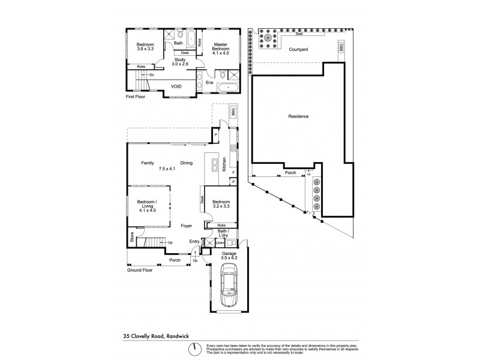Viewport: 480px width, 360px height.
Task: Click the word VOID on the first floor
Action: pyautogui.click(x=176, y=86)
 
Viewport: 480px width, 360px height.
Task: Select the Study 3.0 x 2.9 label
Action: pyautogui.click(x=181, y=62)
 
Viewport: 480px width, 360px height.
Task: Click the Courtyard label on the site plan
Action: pyautogui.click(x=298, y=49)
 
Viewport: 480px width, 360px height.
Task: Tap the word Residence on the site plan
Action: pyautogui.click(x=298, y=116)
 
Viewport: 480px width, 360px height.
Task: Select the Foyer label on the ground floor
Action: pyautogui.click(x=187, y=226)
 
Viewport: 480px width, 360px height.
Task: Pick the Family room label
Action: pyautogui.click(x=148, y=163)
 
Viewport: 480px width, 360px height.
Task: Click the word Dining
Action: pyautogui.click(x=187, y=163)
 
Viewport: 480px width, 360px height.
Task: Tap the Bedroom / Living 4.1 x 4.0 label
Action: pyautogui.click(x=147, y=206)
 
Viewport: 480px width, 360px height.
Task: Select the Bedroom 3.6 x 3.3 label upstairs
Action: pyautogui.click(x=145, y=47)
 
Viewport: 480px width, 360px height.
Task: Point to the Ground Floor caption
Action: pyautogui.click(x=140, y=270)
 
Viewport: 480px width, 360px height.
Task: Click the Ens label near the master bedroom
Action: pyautogui.click(x=209, y=82)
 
